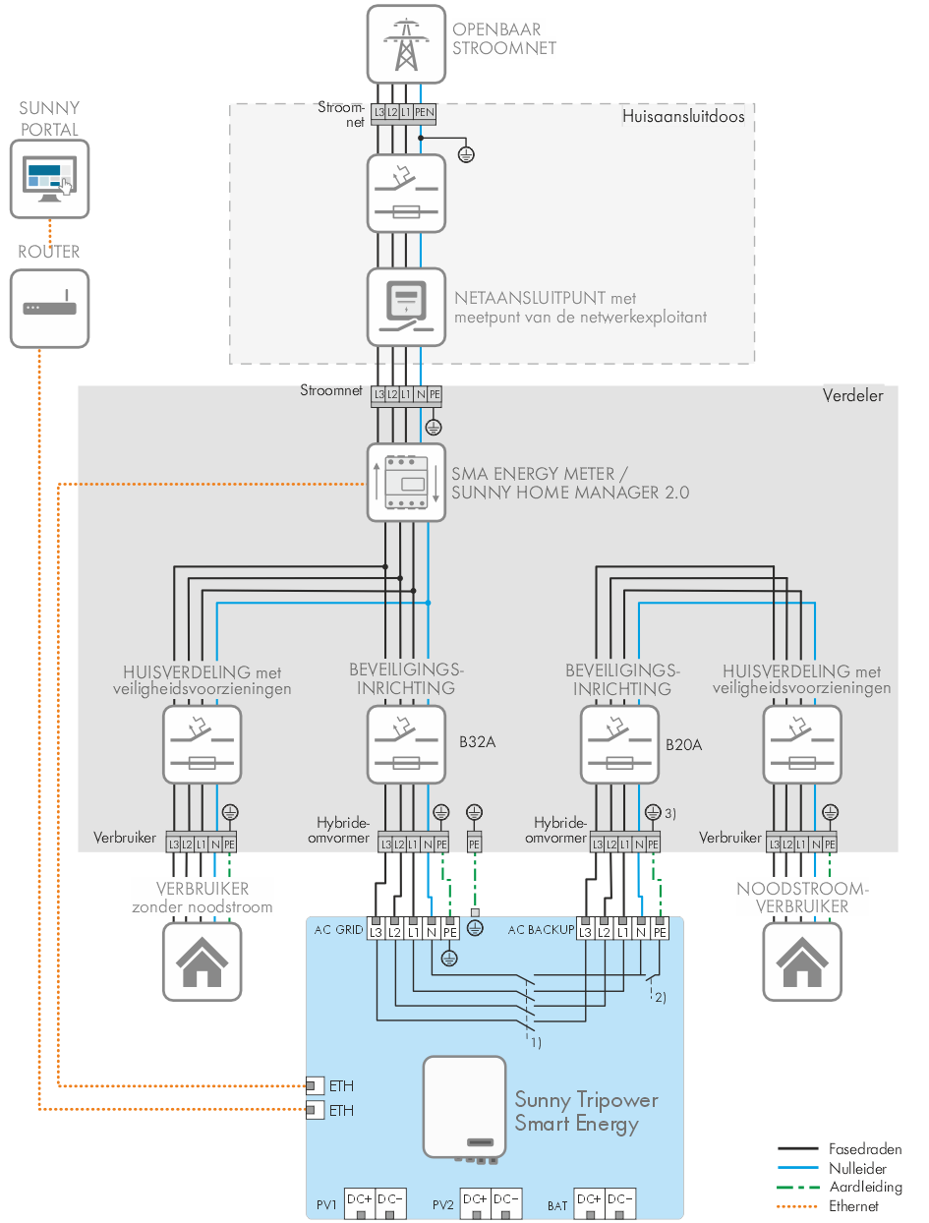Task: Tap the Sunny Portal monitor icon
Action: click(49, 179)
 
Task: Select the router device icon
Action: click(49, 309)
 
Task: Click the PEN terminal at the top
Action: click(424, 114)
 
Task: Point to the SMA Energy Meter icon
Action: click(407, 482)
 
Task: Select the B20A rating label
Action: click(683, 744)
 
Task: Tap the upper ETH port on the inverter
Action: click(314, 1085)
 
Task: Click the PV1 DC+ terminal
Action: click(360, 1203)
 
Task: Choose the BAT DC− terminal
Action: click(619, 1203)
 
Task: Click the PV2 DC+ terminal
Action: click(475, 1203)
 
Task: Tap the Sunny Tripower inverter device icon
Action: click(464, 1107)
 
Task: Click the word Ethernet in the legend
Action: click(853, 1205)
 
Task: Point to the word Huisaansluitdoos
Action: click(683, 116)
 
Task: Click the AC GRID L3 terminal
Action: click(376, 931)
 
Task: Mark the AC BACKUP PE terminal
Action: click(660, 931)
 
